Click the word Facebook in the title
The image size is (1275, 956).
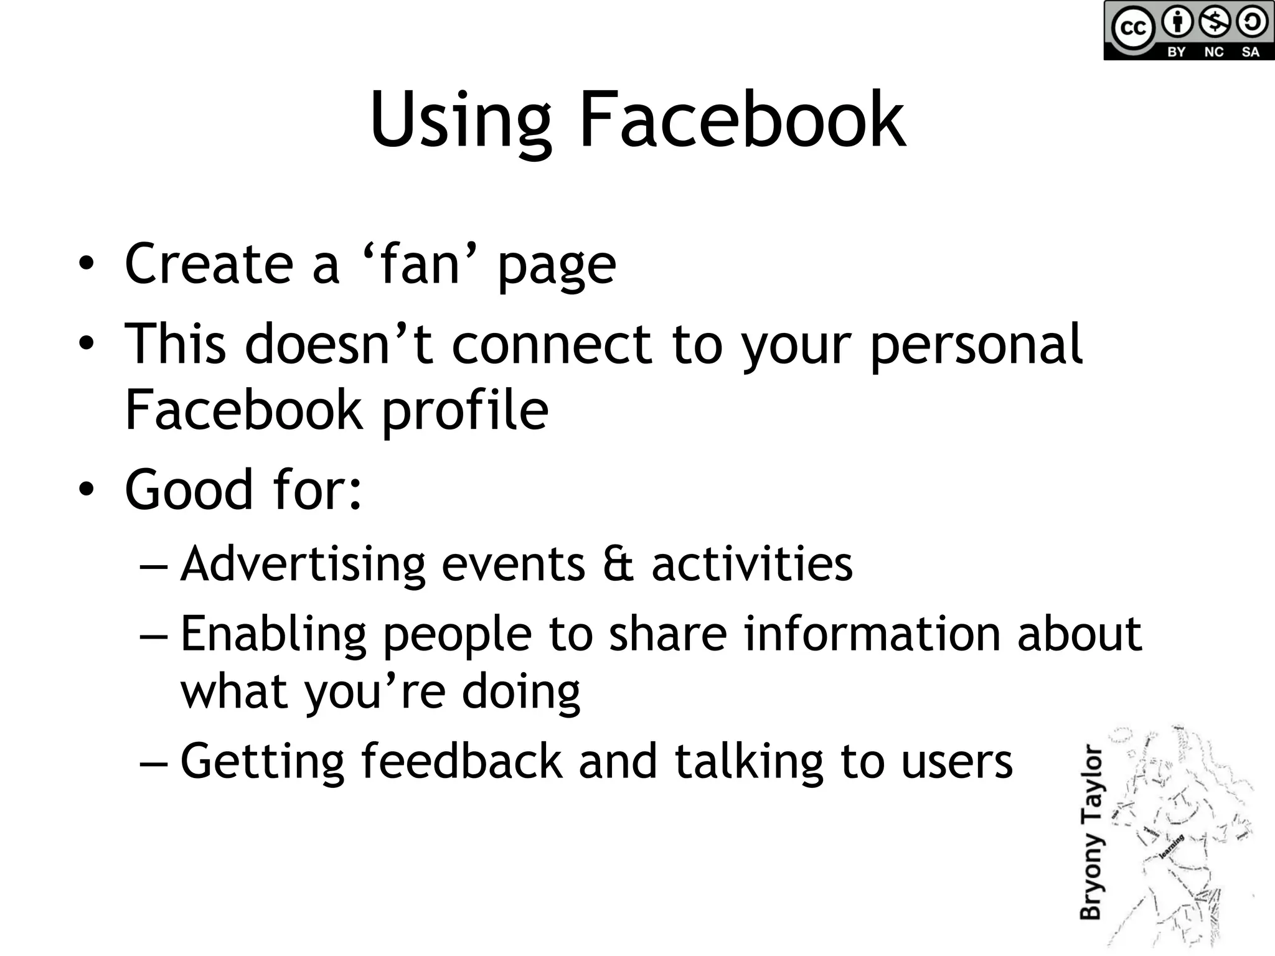(742, 119)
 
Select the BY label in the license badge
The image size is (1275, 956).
(1176, 52)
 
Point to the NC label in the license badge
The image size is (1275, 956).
(1213, 52)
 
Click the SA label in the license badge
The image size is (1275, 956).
(1250, 52)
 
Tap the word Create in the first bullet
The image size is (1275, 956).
(209, 264)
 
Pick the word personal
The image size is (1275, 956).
(976, 346)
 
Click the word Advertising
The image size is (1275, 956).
(303, 564)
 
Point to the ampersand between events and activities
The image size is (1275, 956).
(618, 564)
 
